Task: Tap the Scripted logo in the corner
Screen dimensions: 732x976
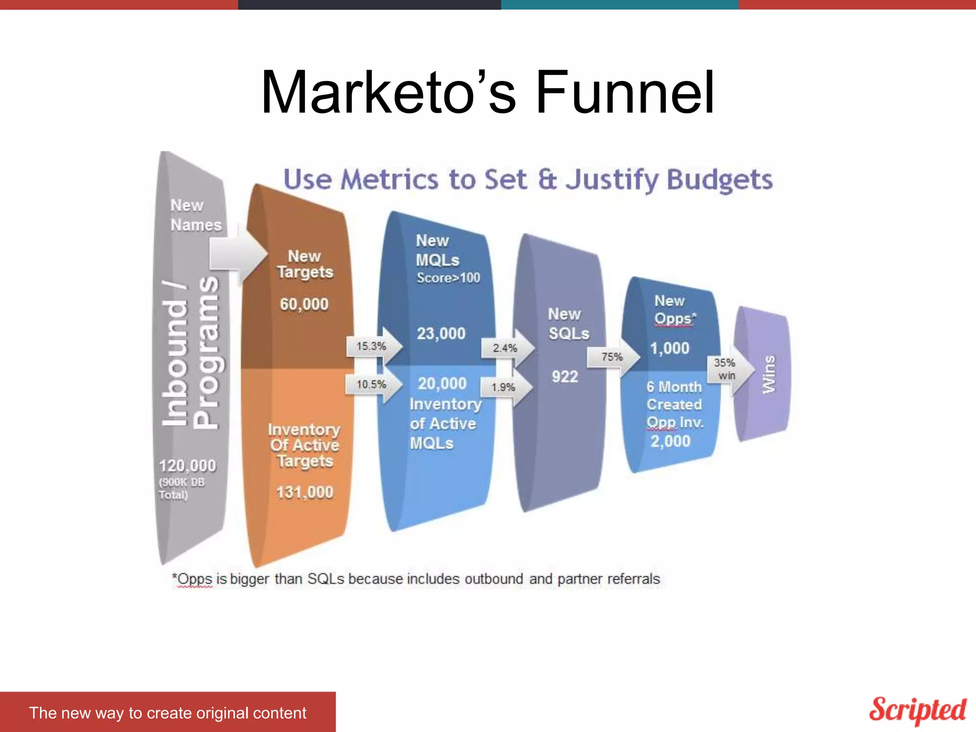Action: pos(917,710)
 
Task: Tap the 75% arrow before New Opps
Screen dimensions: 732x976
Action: pos(612,357)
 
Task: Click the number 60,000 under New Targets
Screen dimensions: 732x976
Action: pos(304,304)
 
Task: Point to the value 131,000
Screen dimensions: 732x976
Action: pos(305,492)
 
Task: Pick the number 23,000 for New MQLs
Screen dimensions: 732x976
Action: pos(441,334)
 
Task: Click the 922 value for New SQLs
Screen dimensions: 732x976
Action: pos(565,377)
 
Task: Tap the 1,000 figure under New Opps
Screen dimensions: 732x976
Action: pos(670,348)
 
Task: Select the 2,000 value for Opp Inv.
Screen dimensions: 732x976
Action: pos(671,441)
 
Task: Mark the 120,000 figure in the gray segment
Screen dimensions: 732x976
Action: pos(187,466)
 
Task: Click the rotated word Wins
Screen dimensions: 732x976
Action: pos(768,375)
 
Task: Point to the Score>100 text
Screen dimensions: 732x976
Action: pos(448,278)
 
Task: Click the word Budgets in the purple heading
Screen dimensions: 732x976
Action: pos(720,180)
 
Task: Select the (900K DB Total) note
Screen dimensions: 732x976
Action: pos(181,488)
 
